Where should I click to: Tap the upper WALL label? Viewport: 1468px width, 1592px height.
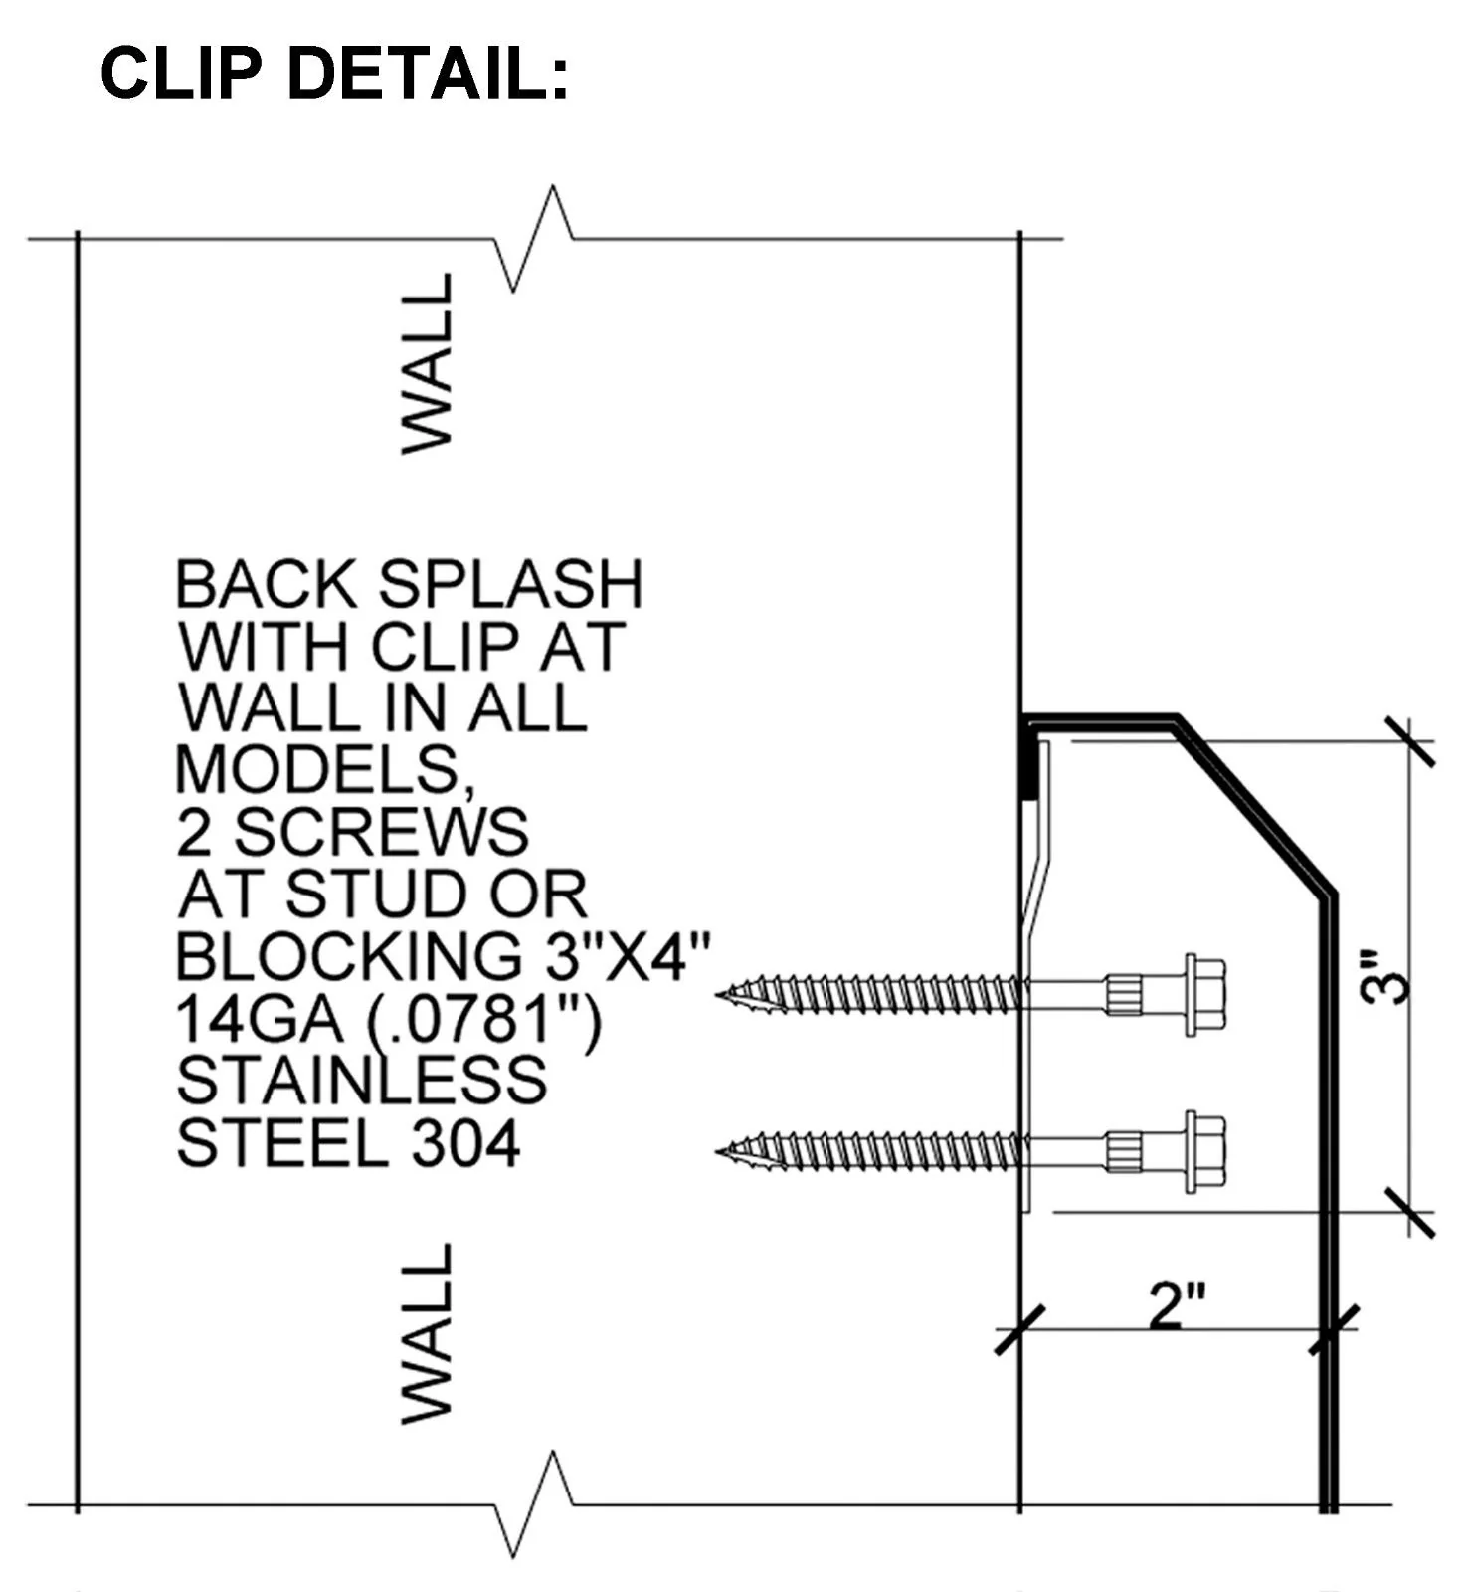428,363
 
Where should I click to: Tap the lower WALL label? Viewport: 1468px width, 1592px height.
428,1332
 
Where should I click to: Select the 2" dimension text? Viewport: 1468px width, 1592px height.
1178,1305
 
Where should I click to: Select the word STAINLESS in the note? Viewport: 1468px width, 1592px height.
361,1082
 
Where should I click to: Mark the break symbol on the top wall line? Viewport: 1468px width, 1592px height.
534,239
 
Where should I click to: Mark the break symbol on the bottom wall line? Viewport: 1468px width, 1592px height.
534,1503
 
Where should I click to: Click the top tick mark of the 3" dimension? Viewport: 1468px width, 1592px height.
1410,742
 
